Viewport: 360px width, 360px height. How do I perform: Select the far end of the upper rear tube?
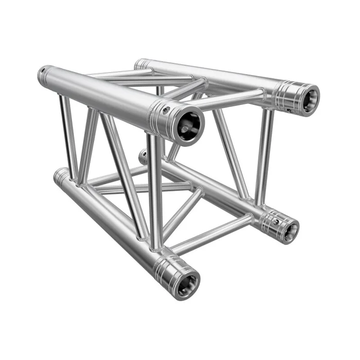click(x=140, y=64)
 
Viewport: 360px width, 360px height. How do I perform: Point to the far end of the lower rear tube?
click(x=143, y=155)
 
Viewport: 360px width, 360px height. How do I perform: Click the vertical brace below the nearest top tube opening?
click(x=156, y=195)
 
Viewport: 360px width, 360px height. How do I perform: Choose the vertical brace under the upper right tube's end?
click(x=264, y=154)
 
